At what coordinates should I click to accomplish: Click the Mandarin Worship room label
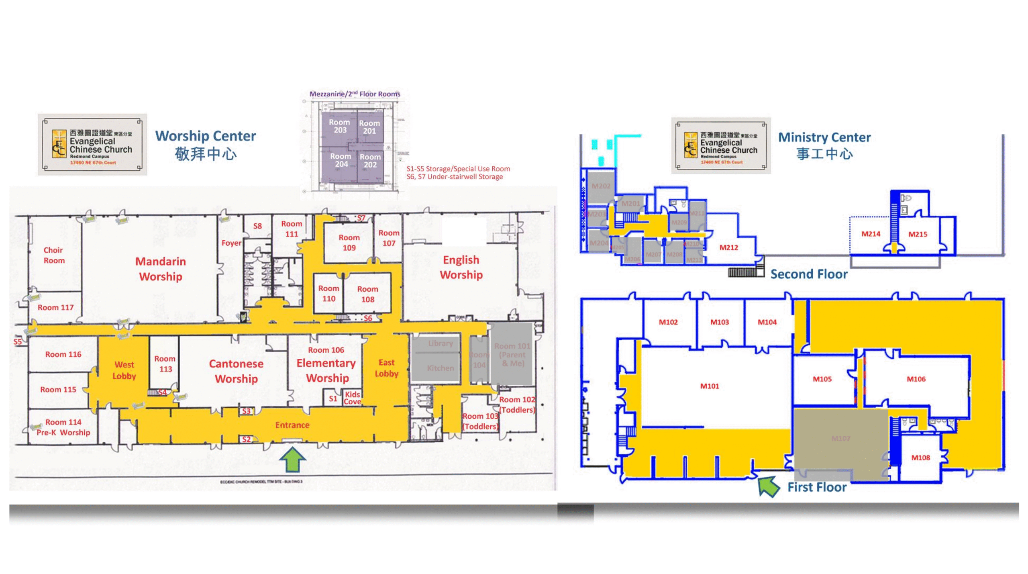[x=161, y=269]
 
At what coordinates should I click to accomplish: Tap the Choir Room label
[x=54, y=255]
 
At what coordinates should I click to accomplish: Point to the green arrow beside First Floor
[x=768, y=486]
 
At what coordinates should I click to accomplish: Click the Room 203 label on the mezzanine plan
[x=340, y=126]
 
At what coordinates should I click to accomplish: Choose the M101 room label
[x=709, y=386]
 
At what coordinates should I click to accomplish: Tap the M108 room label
[x=920, y=458]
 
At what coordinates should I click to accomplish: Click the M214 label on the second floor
[x=871, y=234]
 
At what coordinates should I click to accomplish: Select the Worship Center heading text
[x=205, y=136]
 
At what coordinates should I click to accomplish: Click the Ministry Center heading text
[x=824, y=137]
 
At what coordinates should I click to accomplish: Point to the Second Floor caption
[x=809, y=274]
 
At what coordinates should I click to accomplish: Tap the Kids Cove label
[x=352, y=398]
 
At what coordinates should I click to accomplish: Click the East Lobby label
[x=386, y=368]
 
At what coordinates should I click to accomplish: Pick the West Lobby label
[x=124, y=370]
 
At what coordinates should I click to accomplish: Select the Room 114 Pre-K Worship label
[x=63, y=427]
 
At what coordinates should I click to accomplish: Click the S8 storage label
[x=257, y=226]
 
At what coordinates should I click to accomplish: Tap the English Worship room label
[x=461, y=267]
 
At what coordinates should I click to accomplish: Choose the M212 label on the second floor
[x=728, y=247]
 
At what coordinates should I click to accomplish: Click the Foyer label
[x=231, y=243]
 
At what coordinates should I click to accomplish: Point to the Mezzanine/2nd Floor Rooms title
[x=355, y=94]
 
